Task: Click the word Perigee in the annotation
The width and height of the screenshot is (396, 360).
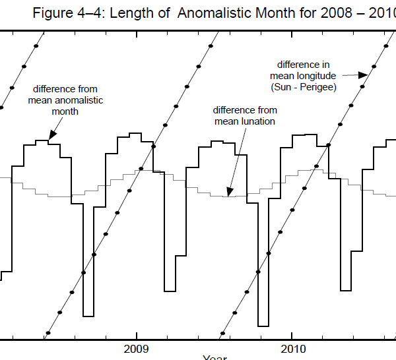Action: point(318,87)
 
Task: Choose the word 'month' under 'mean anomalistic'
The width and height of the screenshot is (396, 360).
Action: point(65,111)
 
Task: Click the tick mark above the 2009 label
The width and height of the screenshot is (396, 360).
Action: point(137,336)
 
